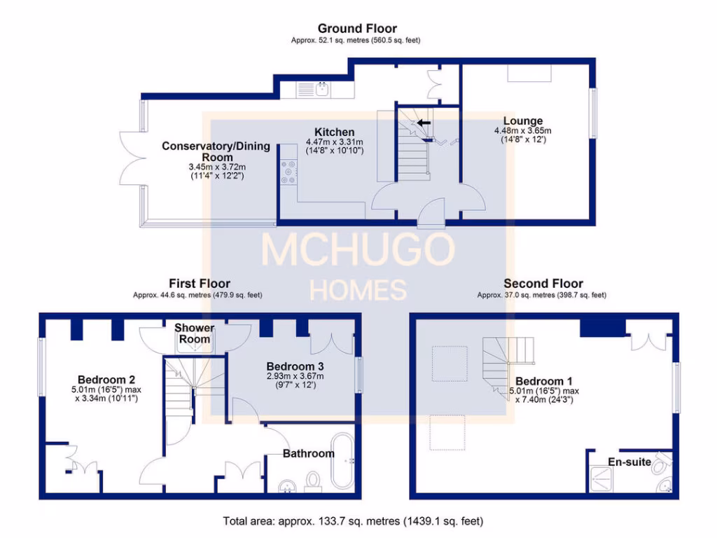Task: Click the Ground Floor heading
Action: point(357,29)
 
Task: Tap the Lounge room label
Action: point(523,121)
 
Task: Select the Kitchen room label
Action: point(334,132)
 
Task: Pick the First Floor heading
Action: point(200,284)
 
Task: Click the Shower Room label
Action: point(194,333)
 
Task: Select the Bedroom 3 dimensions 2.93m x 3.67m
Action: point(295,376)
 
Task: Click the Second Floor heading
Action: point(543,284)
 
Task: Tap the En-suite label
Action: point(629,462)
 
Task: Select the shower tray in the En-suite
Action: point(601,480)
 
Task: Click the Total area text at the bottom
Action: point(353,521)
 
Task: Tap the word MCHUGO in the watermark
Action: point(357,250)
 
